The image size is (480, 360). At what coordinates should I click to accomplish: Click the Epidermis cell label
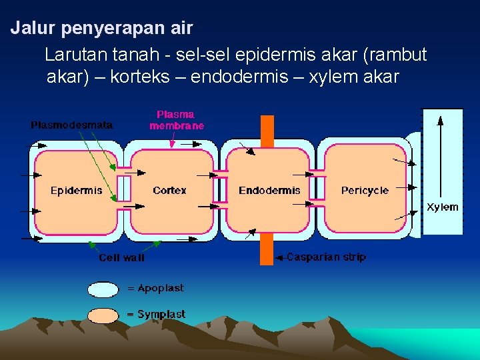click(x=77, y=191)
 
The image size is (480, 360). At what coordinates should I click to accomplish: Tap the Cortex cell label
click(x=169, y=191)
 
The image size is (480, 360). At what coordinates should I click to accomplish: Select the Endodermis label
click(x=269, y=191)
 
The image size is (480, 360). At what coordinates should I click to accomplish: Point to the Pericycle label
click(x=365, y=191)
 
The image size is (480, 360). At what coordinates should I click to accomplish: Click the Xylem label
click(x=443, y=207)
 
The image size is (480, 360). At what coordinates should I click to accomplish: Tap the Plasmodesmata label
click(x=72, y=125)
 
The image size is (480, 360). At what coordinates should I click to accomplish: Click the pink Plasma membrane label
click(x=177, y=120)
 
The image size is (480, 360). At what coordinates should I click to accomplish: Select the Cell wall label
click(x=121, y=257)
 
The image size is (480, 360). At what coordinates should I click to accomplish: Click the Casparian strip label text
click(x=326, y=257)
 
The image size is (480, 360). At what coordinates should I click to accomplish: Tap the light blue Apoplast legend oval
click(x=103, y=289)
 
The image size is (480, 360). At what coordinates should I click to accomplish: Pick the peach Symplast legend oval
click(x=103, y=315)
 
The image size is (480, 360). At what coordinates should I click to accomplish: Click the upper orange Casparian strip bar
click(x=267, y=130)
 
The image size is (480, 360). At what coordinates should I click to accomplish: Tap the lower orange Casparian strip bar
click(x=267, y=249)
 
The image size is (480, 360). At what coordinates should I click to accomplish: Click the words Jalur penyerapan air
click(x=101, y=29)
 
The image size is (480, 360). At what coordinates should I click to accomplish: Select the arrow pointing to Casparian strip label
click(x=280, y=257)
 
